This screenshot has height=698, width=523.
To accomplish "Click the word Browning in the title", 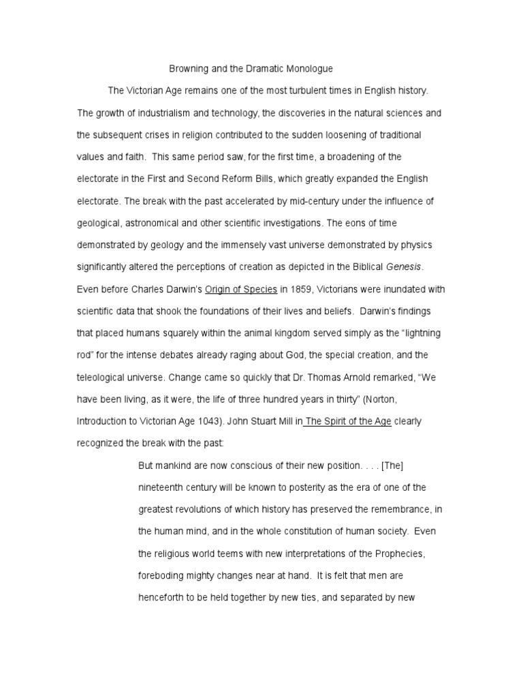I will (x=189, y=69).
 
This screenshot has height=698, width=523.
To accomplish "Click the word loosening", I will (x=330, y=134).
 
